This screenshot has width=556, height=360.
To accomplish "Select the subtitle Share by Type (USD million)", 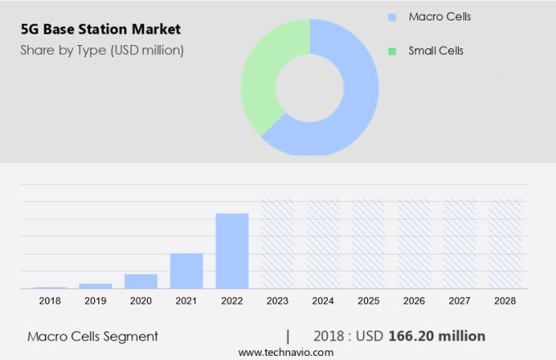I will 102,50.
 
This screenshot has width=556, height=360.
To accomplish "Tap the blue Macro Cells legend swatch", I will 392,17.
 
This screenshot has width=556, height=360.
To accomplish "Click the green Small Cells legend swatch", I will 392,51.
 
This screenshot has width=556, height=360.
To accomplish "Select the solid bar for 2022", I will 231,250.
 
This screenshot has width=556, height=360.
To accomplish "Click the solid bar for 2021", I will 186,271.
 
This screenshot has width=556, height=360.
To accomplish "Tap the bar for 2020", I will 141,281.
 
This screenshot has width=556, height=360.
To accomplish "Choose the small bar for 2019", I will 96,286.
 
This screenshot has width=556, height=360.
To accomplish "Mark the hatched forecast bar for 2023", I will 277,243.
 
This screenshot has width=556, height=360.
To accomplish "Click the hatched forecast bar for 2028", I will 504,243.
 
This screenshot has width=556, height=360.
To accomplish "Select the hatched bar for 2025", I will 368,243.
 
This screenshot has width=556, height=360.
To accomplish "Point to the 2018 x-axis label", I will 50,301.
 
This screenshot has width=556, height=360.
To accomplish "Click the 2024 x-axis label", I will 322,301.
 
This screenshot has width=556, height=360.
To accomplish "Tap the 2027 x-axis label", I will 460,301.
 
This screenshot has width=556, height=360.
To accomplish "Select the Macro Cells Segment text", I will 92,336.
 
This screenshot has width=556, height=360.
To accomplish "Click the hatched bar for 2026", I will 414,243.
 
